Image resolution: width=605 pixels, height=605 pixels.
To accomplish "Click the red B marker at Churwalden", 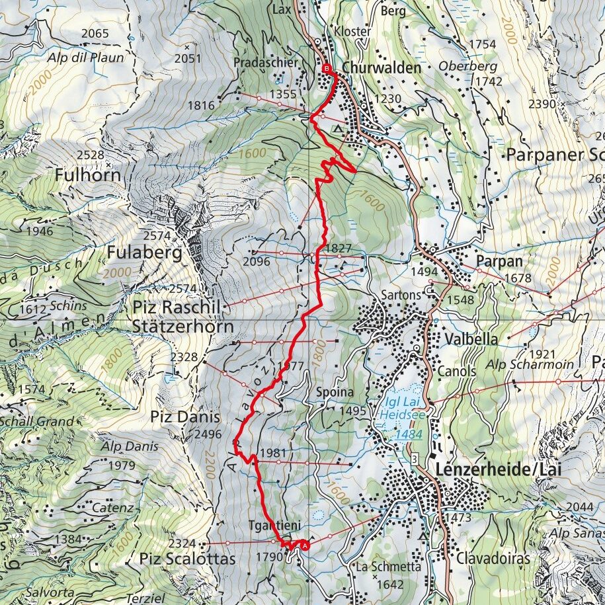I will [x=326, y=69].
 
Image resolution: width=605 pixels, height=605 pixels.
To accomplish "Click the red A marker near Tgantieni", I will [x=305, y=545].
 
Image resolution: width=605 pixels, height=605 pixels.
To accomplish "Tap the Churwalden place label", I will [x=382, y=67].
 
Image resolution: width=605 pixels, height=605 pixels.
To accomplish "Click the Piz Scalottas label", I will [x=187, y=559].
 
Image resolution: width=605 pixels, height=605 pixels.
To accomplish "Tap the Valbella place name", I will [x=471, y=338].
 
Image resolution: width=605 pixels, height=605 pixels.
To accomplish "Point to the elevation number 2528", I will [x=90, y=155].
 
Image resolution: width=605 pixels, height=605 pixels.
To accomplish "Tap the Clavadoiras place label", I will [x=493, y=557].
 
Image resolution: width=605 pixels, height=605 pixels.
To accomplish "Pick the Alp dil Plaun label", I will [x=85, y=58].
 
